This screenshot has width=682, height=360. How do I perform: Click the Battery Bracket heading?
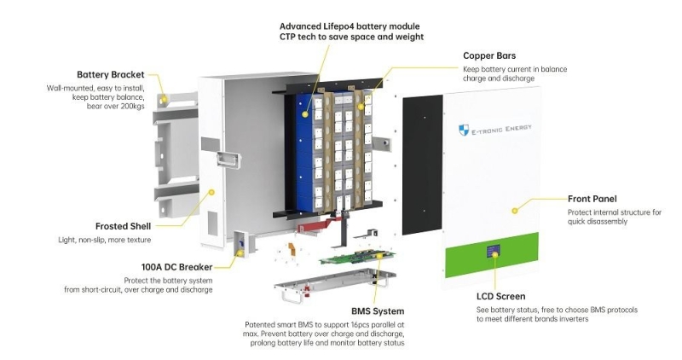pyautogui.click(x=111, y=74)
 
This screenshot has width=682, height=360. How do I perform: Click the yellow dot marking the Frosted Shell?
pyautogui.click(x=211, y=193)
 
